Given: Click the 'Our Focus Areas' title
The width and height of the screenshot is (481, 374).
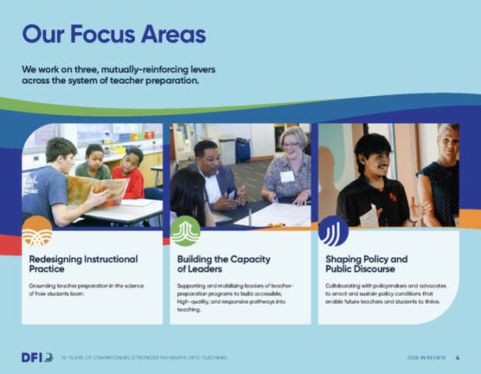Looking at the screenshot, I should pyautogui.click(x=113, y=35).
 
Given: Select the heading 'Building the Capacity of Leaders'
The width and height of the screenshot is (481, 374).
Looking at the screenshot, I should pyautogui.click(x=224, y=264).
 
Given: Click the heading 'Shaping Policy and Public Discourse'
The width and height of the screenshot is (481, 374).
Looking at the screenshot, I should pyautogui.click(x=366, y=264).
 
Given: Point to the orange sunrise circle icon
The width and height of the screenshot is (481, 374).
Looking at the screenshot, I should pyautogui.click(x=37, y=231).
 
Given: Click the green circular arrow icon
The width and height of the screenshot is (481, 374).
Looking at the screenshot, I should pyautogui.click(x=185, y=231).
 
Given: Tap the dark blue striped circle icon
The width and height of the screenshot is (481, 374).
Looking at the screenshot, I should pyautogui.click(x=333, y=231).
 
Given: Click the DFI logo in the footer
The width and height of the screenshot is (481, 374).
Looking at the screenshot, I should pyautogui.click(x=37, y=357).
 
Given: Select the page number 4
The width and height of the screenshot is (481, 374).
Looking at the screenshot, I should pyautogui.click(x=457, y=358).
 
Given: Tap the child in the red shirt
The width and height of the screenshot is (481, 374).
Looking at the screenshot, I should pyautogui.click(x=131, y=172).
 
